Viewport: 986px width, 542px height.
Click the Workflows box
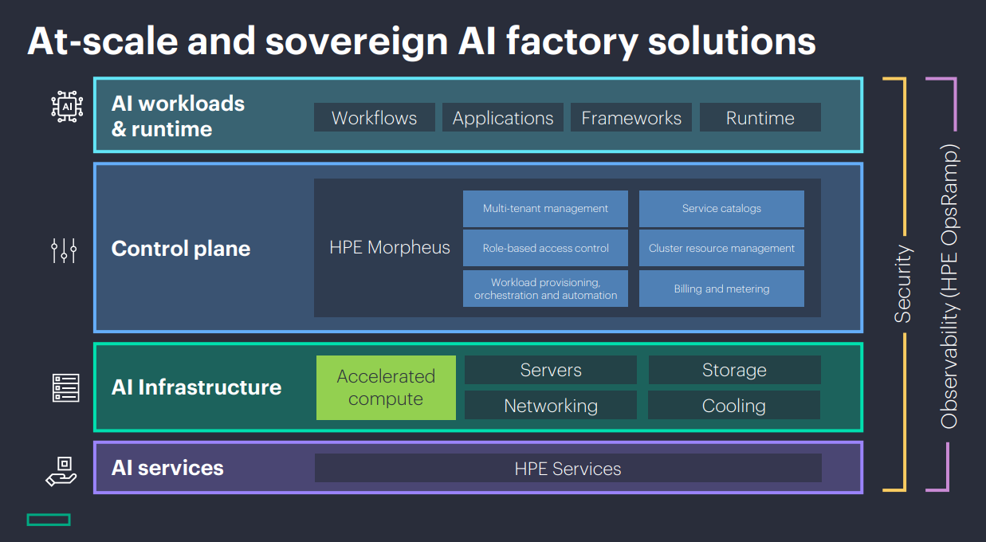tap(374, 117)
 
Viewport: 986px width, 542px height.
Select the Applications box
tap(503, 117)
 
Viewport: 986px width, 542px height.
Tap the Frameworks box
tap(631, 117)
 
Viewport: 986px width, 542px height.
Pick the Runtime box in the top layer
tap(760, 117)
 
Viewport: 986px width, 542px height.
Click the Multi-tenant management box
tap(545, 209)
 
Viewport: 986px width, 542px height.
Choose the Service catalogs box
tap(721, 209)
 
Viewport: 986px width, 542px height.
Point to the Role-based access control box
tap(545, 248)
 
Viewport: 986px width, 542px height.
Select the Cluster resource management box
tap(721, 248)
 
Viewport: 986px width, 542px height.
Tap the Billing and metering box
tap(721, 289)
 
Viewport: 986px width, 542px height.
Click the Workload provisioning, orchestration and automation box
tap(545, 289)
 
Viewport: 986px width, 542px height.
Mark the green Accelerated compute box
tap(386, 387)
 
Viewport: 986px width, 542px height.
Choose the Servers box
tap(551, 370)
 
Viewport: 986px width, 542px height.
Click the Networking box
tap(551, 405)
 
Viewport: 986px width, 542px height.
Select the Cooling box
tap(734, 405)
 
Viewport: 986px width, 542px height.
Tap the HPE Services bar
tap(568, 468)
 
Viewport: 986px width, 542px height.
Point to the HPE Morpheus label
tap(390, 247)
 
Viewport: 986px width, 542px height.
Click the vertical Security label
tap(903, 284)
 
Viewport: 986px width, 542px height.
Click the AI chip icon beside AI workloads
tap(67, 107)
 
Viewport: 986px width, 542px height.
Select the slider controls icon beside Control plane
tap(64, 250)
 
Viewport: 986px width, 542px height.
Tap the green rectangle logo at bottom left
tap(49, 520)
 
